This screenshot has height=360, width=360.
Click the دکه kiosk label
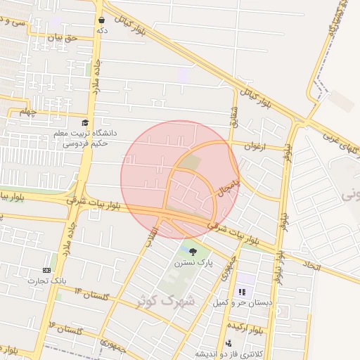click(x=103, y=31)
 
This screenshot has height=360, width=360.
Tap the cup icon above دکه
click(x=103, y=20)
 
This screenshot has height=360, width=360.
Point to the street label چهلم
click(x=27, y=111)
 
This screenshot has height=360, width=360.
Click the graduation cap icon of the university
click(x=85, y=122)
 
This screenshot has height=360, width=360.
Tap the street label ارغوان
click(x=255, y=146)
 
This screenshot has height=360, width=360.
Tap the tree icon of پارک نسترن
click(x=193, y=251)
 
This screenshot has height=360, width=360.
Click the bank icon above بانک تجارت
click(x=46, y=270)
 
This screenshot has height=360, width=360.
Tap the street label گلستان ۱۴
click(x=88, y=295)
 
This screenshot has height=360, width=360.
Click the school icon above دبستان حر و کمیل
click(x=243, y=292)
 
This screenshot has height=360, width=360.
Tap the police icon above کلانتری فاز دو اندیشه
click(x=229, y=343)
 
